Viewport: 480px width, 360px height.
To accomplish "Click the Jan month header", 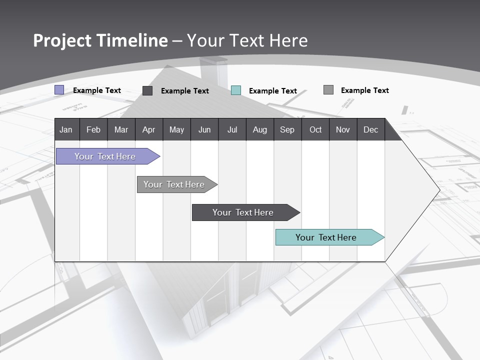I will (66, 129).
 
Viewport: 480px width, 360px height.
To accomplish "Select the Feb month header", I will (93, 129).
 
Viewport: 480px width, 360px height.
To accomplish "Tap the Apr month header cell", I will (148, 129).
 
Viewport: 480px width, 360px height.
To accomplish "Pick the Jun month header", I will (204, 129).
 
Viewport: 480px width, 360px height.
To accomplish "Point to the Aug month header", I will (259, 129).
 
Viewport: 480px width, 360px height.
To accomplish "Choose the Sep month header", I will (287, 129).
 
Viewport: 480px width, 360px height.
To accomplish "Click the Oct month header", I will (315, 129).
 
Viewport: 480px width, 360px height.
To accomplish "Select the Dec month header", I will (370, 129).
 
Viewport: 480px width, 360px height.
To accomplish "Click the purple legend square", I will (59, 90).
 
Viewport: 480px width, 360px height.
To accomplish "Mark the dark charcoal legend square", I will (147, 90).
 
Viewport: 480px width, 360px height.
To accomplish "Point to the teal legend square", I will (236, 90).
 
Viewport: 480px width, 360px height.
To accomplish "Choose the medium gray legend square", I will (328, 90).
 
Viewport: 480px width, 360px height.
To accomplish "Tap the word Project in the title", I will (62, 40).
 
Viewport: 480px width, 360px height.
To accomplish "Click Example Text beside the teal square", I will (272, 91).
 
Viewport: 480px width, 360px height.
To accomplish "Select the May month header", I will (176, 129).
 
